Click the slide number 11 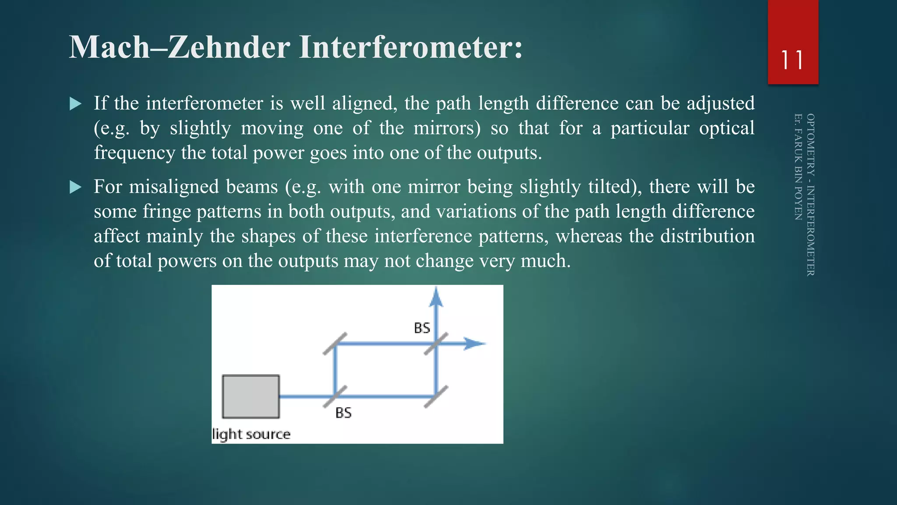point(792,60)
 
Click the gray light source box point(251,396)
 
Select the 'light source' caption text point(251,434)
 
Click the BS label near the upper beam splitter point(422,328)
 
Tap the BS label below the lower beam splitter point(343,413)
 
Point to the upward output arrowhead point(436,297)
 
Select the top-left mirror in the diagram point(335,344)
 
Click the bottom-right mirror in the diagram point(436,396)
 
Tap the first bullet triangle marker point(76,104)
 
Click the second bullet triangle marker point(76,187)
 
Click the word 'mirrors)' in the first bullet point(447,128)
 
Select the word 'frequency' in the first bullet point(134,153)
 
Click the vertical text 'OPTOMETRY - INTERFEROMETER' point(810,195)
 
